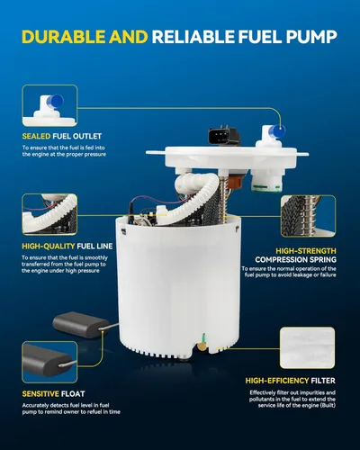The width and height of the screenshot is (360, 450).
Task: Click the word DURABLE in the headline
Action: tap(64, 37)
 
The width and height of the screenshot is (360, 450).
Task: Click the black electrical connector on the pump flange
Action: tap(223, 136)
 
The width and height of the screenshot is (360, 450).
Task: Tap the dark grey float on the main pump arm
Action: tap(80, 324)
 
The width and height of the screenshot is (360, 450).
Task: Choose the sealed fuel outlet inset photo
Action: tap(49, 105)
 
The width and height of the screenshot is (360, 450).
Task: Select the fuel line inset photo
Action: tap(49, 214)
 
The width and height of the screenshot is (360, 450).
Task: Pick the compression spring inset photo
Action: tap(308, 216)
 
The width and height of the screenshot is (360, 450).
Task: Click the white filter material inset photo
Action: tap(308, 348)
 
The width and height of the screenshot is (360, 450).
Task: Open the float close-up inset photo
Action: tap(49, 362)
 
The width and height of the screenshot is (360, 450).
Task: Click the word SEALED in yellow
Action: tap(36, 136)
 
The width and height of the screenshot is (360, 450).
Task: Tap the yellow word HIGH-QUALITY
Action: tap(48, 247)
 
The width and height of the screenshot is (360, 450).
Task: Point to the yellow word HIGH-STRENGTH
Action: tap(306, 251)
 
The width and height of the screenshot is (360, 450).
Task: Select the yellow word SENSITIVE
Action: tap(40, 394)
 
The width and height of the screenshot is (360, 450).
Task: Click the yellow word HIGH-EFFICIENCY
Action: tap(277, 381)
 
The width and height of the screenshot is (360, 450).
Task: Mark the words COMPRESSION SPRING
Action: tap(296, 259)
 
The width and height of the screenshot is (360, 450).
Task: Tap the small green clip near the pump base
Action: tap(203, 337)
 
